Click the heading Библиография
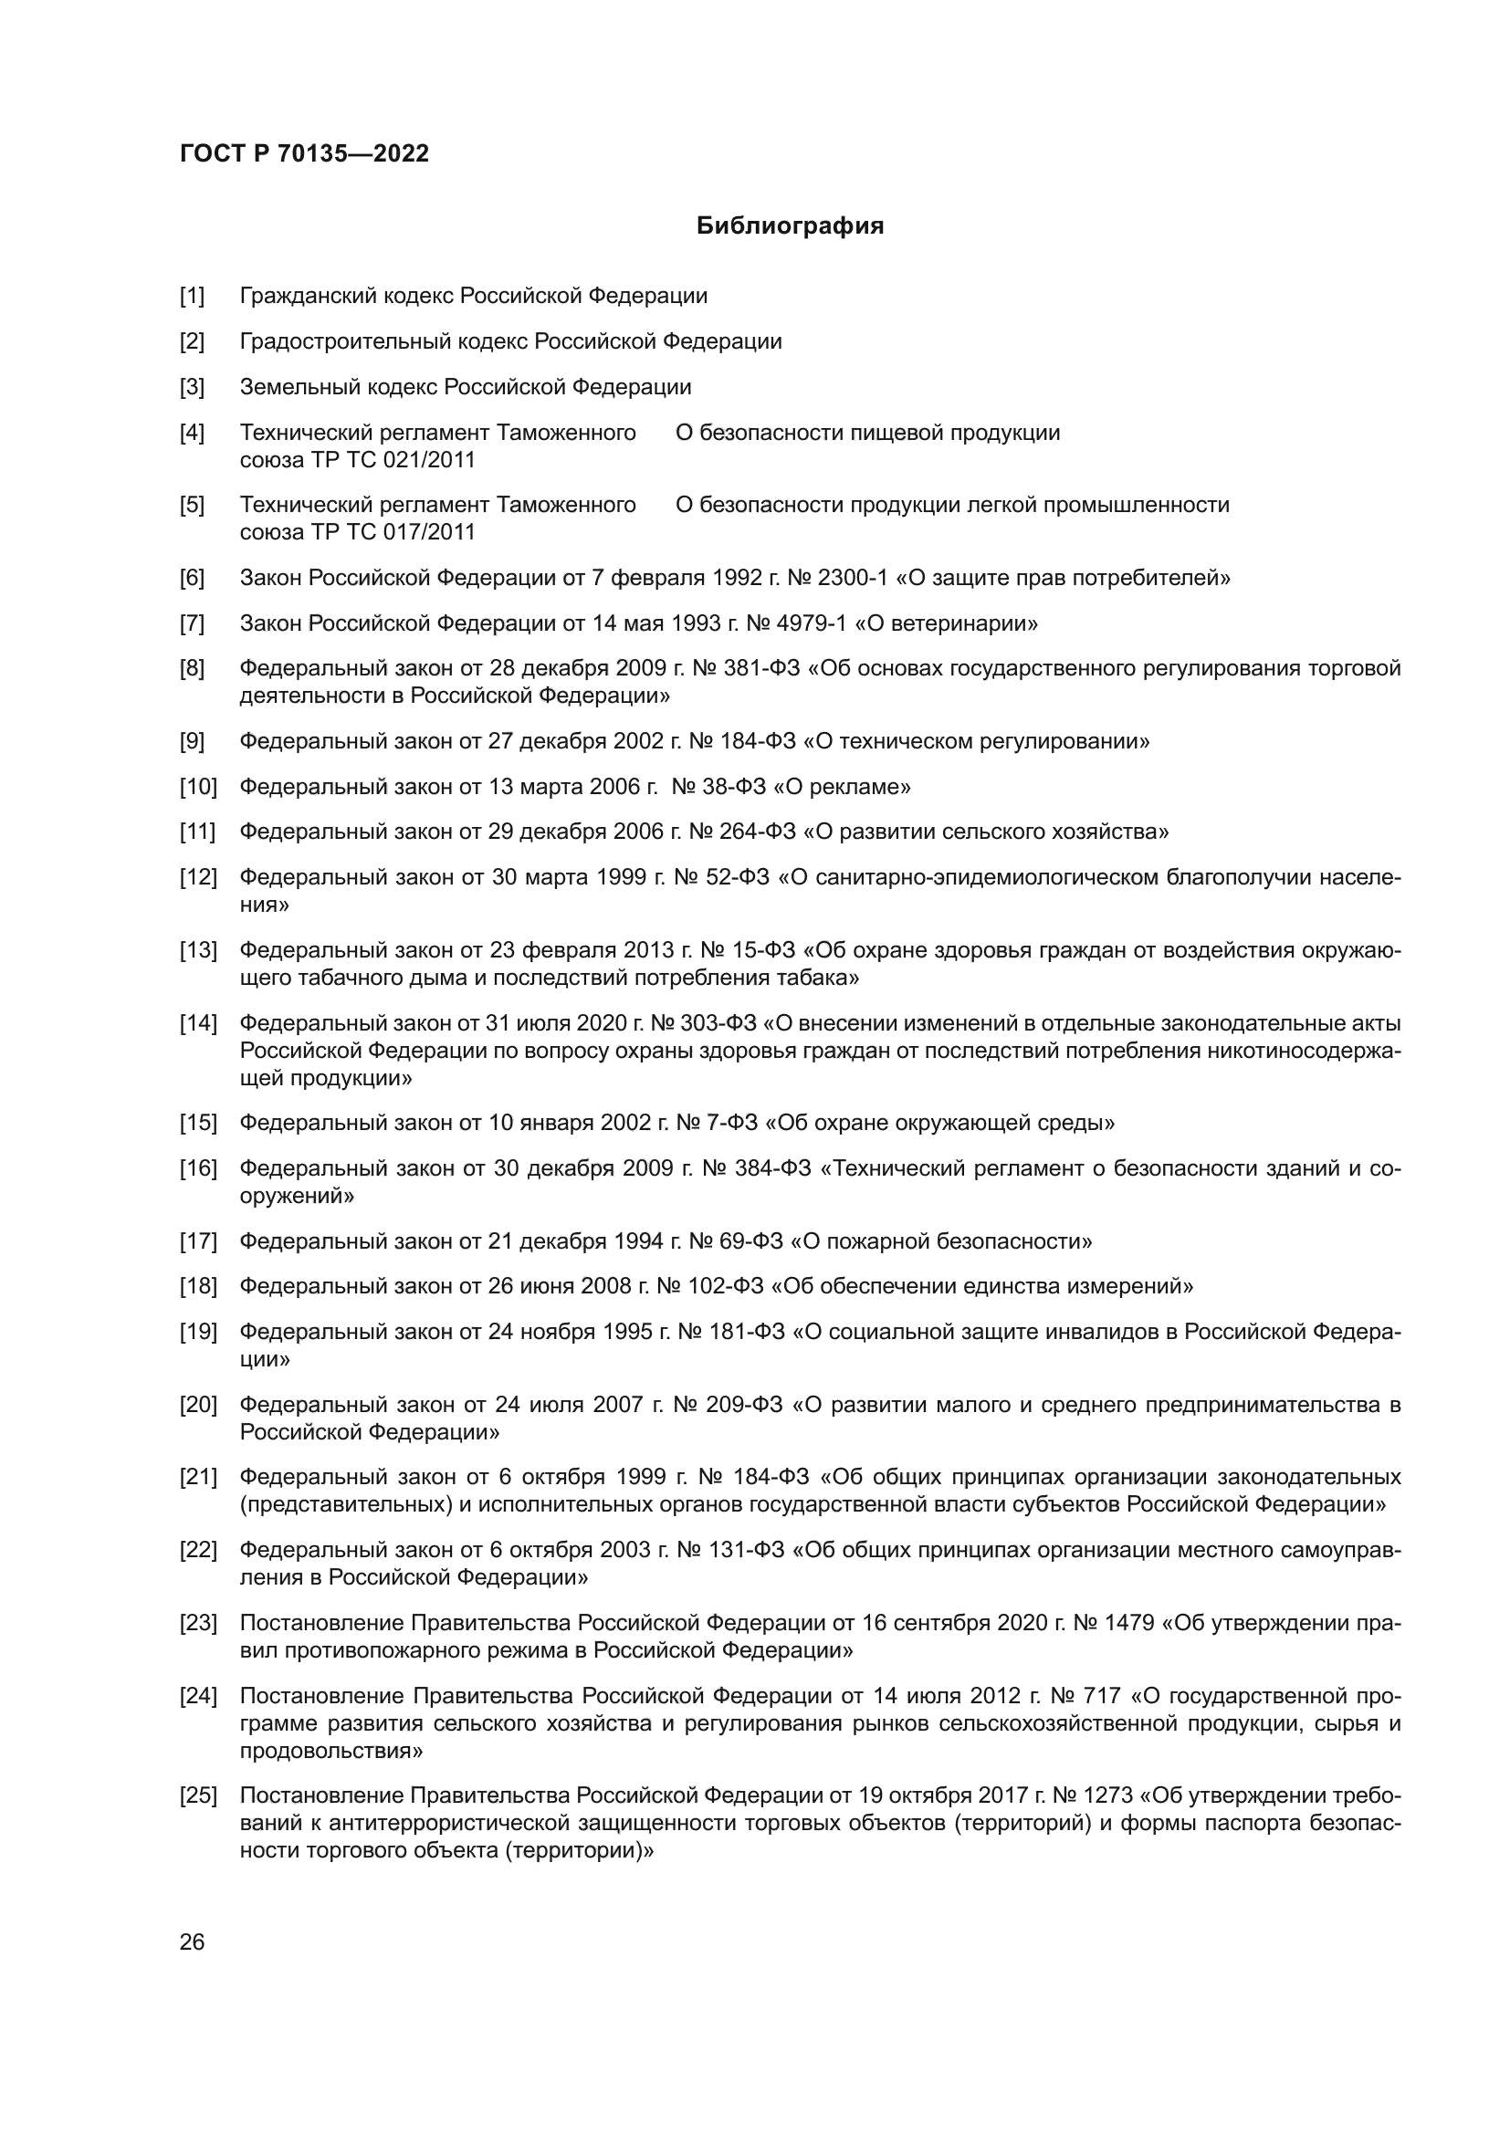(x=790, y=226)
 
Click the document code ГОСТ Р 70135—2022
(x=304, y=154)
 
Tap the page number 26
(x=192, y=1941)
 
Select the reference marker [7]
(x=192, y=624)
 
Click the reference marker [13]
(x=197, y=950)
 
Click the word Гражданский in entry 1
(x=301, y=297)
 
